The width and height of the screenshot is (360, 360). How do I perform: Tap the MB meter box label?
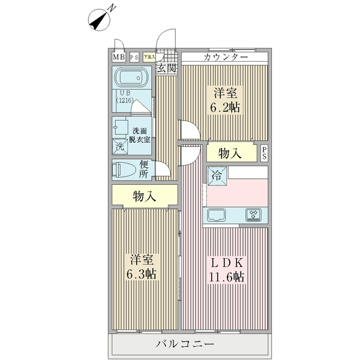pyautogui.click(x=118, y=58)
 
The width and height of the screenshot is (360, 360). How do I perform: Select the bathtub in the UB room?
pyautogui.click(x=131, y=79)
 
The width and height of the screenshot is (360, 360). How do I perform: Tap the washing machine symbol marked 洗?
pyautogui.click(x=119, y=146)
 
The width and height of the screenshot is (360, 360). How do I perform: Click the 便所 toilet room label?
pyautogui.click(x=144, y=169)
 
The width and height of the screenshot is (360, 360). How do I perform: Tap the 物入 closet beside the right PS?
pyautogui.click(x=230, y=154)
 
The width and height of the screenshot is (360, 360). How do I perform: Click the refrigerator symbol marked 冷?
pyautogui.click(x=215, y=176)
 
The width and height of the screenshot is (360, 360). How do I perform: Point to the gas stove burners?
pyautogui.click(x=253, y=215)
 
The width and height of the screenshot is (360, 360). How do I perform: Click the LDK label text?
pyautogui.click(x=226, y=263)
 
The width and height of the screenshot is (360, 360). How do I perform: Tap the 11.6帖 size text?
pyautogui.click(x=226, y=277)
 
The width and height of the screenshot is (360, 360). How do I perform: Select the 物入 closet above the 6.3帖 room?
pyautogui.click(x=144, y=196)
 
